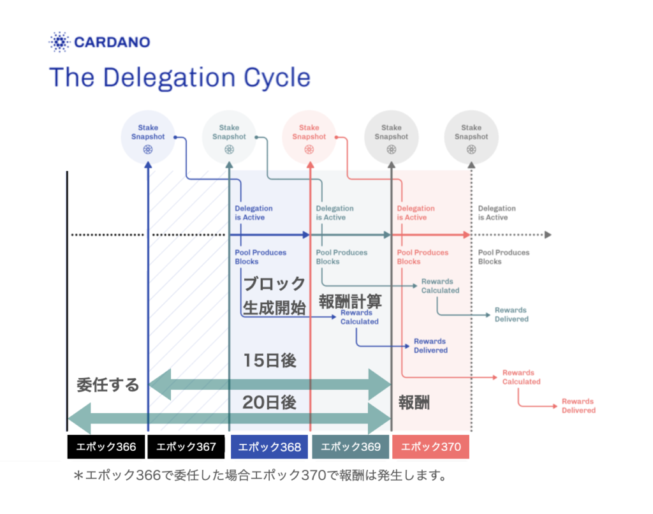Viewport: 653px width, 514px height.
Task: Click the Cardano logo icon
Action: click(x=59, y=43)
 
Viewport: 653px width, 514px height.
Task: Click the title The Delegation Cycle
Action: click(x=180, y=78)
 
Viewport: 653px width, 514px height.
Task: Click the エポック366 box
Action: click(x=106, y=447)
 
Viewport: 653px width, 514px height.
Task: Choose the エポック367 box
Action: click(x=186, y=447)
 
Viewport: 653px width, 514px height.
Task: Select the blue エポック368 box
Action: click(x=269, y=447)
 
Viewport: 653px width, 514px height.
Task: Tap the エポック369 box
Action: click(x=350, y=447)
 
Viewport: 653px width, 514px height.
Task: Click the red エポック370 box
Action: click(x=430, y=447)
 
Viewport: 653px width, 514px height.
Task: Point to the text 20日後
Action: click(x=269, y=402)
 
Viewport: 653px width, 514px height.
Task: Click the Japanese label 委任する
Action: click(x=108, y=385)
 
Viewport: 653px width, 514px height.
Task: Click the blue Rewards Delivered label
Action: click(x=430, y=346)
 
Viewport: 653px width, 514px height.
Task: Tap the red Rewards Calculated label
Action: click(x=521, y=377)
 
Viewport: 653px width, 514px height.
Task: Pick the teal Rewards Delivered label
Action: click(x=511, y=314)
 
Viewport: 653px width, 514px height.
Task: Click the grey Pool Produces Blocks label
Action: click(x=504, y=257)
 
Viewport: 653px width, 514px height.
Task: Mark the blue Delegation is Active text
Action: click(x=254, y=213)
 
